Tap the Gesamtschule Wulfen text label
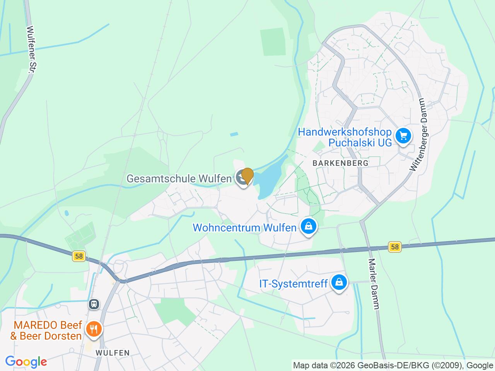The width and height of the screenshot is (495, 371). click(179, 179)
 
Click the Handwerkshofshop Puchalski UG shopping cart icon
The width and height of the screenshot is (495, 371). click(403, 136)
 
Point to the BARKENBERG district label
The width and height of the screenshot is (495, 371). click(340, 163)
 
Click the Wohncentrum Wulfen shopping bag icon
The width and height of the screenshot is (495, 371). click(309, 226)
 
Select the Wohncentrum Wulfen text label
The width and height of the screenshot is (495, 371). click(244, 227)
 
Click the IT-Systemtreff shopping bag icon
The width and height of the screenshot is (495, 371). click(339, 283)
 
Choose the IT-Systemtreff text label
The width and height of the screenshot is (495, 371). click(293, 284)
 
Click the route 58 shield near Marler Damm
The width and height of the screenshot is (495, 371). click(394, 247)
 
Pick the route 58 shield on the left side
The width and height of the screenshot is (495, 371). click(79, 256)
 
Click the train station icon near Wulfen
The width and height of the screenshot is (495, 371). click(94, 304)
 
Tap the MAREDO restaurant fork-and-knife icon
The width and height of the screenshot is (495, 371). click(94, 329)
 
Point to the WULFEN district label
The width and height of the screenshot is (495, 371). click(113, 353)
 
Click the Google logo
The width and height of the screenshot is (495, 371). click(26, 362)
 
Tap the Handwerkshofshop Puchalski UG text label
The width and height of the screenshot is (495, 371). click(345, 137)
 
